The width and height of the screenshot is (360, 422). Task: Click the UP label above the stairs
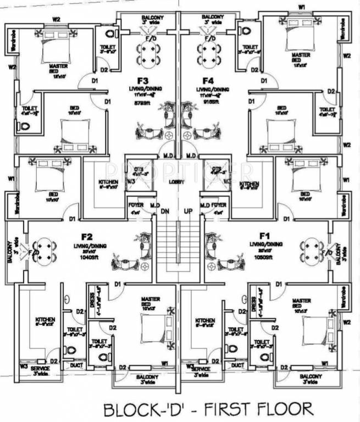(189, 210)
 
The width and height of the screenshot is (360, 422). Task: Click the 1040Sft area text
(90, 257)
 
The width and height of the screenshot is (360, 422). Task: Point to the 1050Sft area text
(263, 257)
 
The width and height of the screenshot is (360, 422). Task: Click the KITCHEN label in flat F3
(108, 182)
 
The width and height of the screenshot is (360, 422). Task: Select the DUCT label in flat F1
(237, 365)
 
